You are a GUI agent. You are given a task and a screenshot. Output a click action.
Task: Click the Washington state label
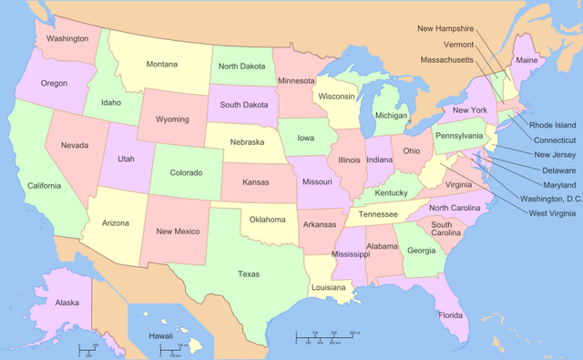[67, 38]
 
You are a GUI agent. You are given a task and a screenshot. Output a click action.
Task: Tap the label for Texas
[248, 273]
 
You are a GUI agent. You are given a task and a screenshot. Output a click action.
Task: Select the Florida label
[450, 315]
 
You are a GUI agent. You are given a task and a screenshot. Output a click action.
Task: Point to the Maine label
[527, 60]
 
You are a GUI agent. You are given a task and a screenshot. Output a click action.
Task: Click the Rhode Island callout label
[553, 125]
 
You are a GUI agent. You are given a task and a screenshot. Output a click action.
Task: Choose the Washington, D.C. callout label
[549, 198]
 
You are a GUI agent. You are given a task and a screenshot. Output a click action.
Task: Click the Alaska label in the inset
[66, 303]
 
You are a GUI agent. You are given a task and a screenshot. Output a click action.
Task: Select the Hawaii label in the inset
[161, 335]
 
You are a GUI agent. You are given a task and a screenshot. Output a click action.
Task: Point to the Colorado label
[186, 172]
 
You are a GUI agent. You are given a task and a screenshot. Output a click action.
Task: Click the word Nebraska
[247, 142]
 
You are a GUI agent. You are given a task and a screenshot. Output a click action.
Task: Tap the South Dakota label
[243, 103]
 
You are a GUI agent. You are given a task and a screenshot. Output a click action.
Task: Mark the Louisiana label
[329, 287]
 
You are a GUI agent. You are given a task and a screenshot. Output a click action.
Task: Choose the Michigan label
[391, 116]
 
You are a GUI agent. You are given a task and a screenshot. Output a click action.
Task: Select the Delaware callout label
[558, 170]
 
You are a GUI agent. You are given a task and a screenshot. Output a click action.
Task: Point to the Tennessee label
[377, 214]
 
